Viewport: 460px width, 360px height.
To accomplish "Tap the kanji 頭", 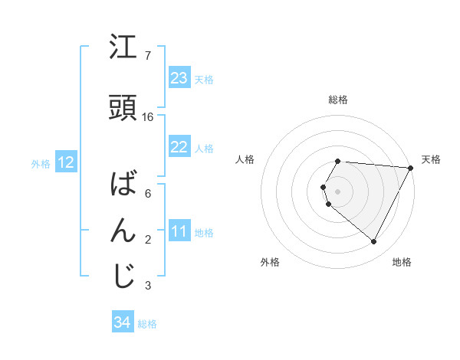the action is pyautogui.click(x=123, y=110).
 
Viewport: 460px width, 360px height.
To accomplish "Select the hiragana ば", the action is pyautogui.click(x=123, y=185).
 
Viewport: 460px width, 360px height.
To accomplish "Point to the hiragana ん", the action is pyautogui.click(x=123, y=231).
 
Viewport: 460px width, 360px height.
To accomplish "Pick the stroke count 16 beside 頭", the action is pyautogui.click(x=148, y=117).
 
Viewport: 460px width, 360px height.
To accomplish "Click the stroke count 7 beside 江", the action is pyautogui.click(x=148, y=56).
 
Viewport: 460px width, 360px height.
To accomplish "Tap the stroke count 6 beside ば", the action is pyautogui.click(x=148, y=194).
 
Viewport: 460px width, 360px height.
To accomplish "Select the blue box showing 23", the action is pyautogui.click(x=179, y=77).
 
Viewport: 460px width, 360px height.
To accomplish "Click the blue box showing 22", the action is pyautogui.click(x=179, y=147).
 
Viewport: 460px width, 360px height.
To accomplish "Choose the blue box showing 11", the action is pyautogui.click(x=179, y=231).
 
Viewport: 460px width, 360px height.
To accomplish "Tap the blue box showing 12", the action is pyautogui.click(x=65, y=162).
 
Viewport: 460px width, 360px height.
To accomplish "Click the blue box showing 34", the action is pyautogui.click(x=122, y=323).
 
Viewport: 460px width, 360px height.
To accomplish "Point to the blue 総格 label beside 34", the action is pyautogui.click(x=148, y=324).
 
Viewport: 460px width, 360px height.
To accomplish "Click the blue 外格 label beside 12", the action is pyautogui.click(x=41, y=163).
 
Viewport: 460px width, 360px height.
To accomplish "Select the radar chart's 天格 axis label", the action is pyautogui.click(x=432, y=159).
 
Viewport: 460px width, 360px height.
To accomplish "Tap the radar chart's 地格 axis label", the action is pyautogui.click(x=402, y=263).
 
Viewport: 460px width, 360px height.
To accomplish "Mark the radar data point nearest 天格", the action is pyautogui.click(x=411, y=168).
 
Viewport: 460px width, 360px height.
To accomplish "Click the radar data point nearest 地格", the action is pyautogui.click(x=374, y=242).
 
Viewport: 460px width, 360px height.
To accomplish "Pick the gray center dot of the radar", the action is pyautogui.click(x=338, y=191).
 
